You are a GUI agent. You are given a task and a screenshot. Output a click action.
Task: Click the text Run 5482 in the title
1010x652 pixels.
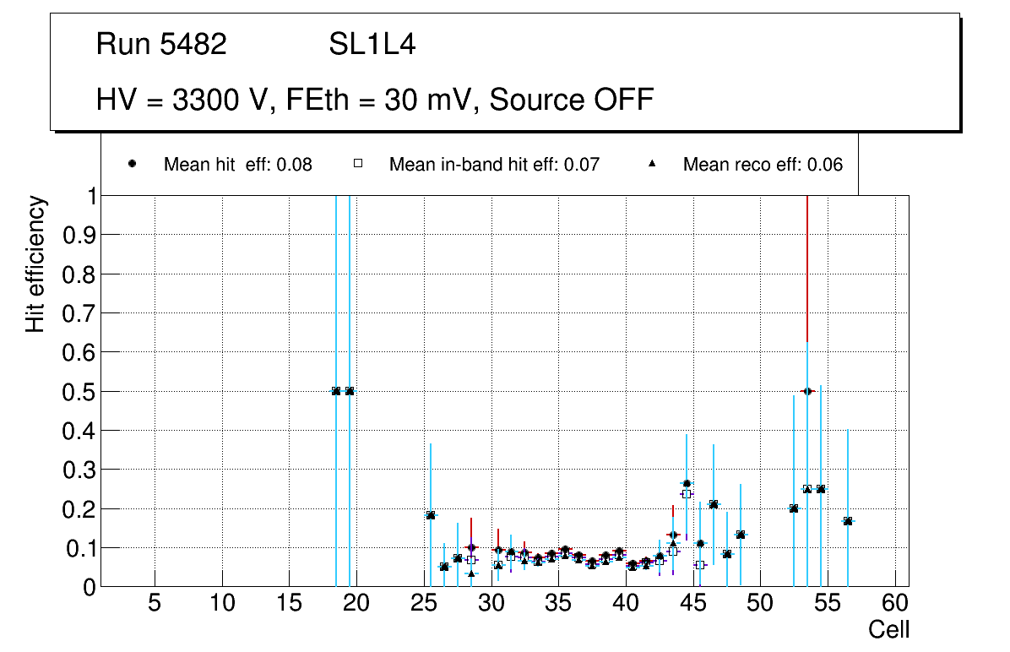(x=161, y=45)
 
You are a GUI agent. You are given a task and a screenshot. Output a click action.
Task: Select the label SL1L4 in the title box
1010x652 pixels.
(x=372, y=45)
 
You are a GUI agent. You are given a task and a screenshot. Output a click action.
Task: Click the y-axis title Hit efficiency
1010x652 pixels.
(x=35, y=264)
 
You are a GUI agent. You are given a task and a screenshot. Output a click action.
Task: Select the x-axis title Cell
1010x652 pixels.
(x=888, y=629)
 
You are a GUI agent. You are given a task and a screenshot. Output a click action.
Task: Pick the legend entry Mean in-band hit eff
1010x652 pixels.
(x=494, y=165)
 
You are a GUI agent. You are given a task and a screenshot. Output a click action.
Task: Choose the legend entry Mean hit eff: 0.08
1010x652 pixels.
(x=237, y=165)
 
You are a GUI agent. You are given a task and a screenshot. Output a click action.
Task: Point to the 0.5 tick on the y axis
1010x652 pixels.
(x=79, y=391)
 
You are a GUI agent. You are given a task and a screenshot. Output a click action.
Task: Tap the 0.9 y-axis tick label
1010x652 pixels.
(x=79, y=235)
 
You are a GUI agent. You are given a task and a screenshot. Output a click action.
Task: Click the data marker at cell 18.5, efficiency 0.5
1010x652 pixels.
(x=336, y=391)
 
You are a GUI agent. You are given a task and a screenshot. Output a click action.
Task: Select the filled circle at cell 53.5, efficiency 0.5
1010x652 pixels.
(x=807, y=391)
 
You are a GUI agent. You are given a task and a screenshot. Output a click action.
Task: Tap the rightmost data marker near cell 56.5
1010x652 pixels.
(x=848, y=521)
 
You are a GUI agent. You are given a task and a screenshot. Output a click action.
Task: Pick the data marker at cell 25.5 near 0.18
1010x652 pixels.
(x=431, y=515)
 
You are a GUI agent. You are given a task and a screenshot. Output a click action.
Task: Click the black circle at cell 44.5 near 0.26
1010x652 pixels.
(x=687, y=484)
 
